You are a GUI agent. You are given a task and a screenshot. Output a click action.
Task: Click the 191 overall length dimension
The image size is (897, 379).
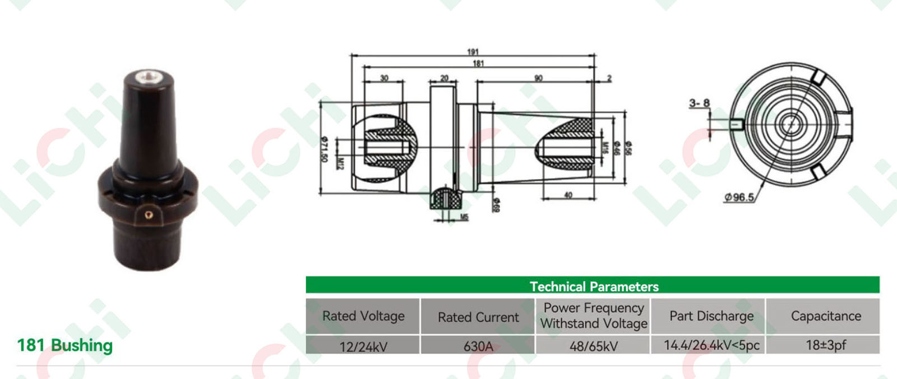[473, 52]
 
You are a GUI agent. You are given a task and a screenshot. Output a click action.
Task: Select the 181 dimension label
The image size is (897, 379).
[478, 63]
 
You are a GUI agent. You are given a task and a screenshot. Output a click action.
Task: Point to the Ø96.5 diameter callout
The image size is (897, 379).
[739, 197]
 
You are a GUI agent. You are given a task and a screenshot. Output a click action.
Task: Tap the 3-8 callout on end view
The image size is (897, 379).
[699, 103]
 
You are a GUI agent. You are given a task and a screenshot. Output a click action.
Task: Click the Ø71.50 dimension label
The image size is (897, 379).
[324, 149]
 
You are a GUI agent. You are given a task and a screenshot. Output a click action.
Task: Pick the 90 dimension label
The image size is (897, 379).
[538, 78]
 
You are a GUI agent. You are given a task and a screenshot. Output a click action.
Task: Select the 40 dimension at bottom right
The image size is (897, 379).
[568, 195]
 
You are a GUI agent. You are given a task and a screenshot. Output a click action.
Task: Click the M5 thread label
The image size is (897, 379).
[464, 217]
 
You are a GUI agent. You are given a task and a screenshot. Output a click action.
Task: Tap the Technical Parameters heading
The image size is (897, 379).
[594, 286]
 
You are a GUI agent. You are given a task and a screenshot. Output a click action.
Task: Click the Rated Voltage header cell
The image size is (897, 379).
[363, 316]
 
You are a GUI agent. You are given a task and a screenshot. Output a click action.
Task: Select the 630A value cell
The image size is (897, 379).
[478, 346]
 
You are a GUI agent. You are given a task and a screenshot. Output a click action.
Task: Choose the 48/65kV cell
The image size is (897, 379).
[593, 346]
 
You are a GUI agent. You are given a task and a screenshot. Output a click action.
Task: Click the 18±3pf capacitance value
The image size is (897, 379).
[825, 345]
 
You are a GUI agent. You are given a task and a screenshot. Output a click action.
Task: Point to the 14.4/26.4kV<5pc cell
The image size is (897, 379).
[711, 345]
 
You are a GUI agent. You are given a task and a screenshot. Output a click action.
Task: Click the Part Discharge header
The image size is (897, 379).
[711, 316]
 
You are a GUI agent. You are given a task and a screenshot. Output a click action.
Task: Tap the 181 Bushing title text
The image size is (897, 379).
[65, 345]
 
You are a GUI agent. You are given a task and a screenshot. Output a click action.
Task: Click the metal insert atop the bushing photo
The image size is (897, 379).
[149, 75]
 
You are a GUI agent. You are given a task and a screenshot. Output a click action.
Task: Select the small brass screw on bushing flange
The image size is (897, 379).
[148, 214]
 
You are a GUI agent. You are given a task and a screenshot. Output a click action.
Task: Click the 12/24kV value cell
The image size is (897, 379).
[363, 346]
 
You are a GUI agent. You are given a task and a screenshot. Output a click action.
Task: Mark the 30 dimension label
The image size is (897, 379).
[384, 78]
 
